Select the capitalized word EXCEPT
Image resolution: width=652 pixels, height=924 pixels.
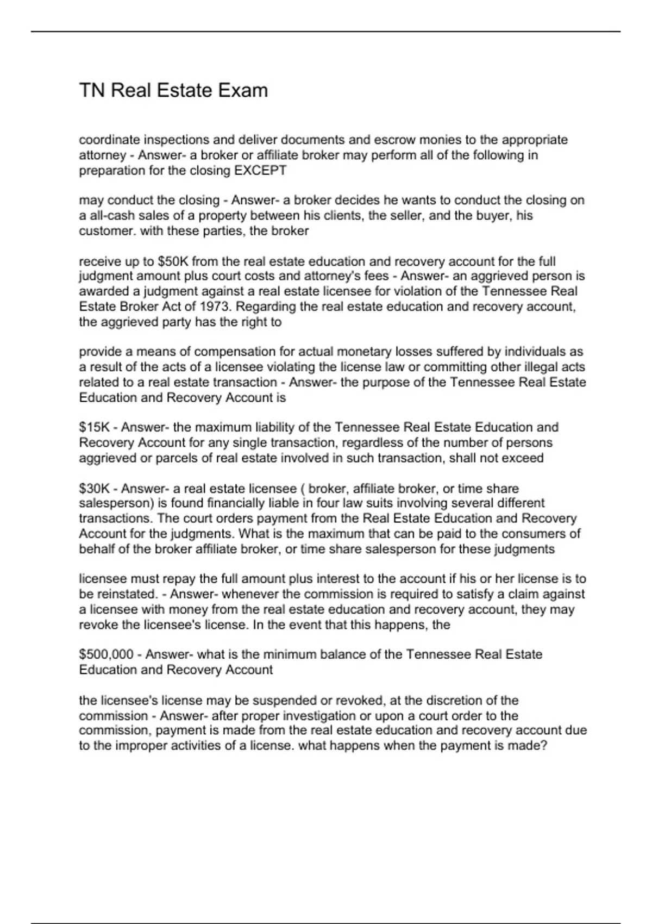click(x=260, y=170)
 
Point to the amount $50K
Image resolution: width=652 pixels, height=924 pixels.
click(x=173, y=261)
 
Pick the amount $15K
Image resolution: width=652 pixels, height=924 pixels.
click(x=95, y=427)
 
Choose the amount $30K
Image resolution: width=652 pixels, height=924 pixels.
click(x=95, y=489)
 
